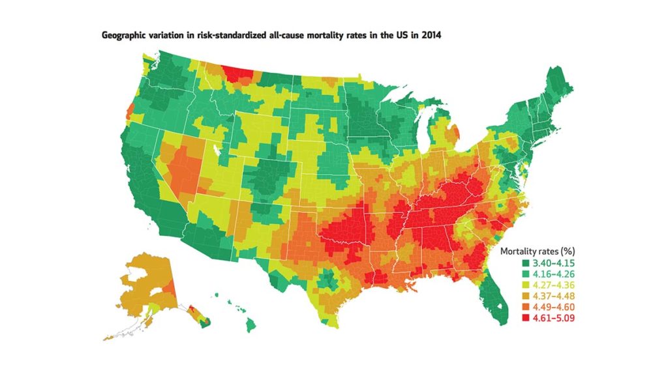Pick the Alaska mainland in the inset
tap(142, 280)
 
